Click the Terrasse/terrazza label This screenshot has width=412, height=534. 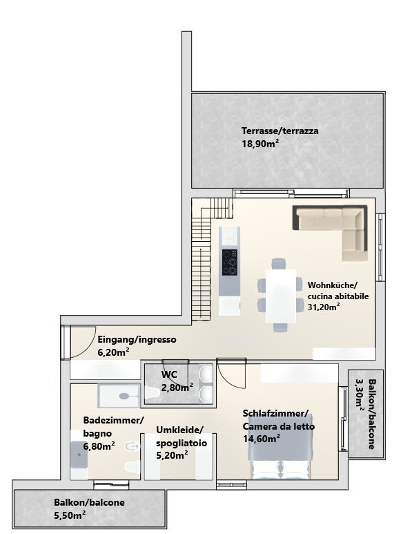[x=279, y=131]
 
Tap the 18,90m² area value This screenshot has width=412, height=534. [x=260, y=144]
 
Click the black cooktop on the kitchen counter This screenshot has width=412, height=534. [x=230, y=263]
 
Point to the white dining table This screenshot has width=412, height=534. [x=281, y=296]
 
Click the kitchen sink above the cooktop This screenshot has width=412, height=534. [x=229, y=235]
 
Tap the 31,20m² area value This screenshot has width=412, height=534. [x=324, y=307]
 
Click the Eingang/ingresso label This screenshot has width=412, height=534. [x=137, y=340]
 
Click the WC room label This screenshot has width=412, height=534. [x=169, y=374]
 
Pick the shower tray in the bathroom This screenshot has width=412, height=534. [x=119, y=395]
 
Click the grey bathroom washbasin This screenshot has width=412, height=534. [x=79, y=455]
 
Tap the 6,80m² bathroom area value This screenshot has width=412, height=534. [x=99, y=446]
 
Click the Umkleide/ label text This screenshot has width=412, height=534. [x=179, y=430]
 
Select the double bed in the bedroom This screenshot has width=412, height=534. [x=280, y=446]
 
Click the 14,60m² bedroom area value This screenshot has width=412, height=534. [x=262, y=439]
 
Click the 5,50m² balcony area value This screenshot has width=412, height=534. [x=70, y=515]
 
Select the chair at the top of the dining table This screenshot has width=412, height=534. [x=279, y=264]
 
